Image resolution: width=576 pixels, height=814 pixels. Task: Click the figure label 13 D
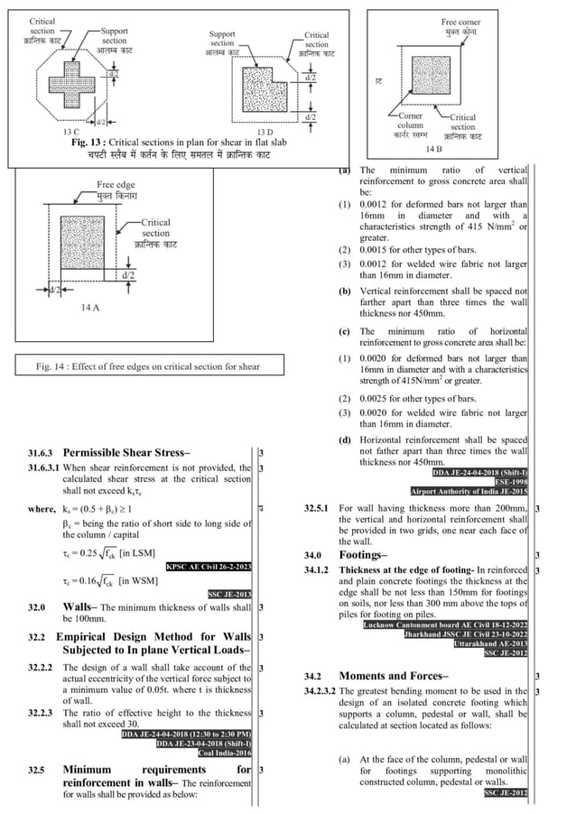coord(265,132)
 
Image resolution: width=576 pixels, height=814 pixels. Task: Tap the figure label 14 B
coord(435,148)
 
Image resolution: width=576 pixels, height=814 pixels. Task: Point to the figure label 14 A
coord(89,308)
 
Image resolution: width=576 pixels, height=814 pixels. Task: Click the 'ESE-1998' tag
coord(508,482)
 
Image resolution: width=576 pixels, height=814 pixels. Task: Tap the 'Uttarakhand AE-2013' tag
coord(491,643)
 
